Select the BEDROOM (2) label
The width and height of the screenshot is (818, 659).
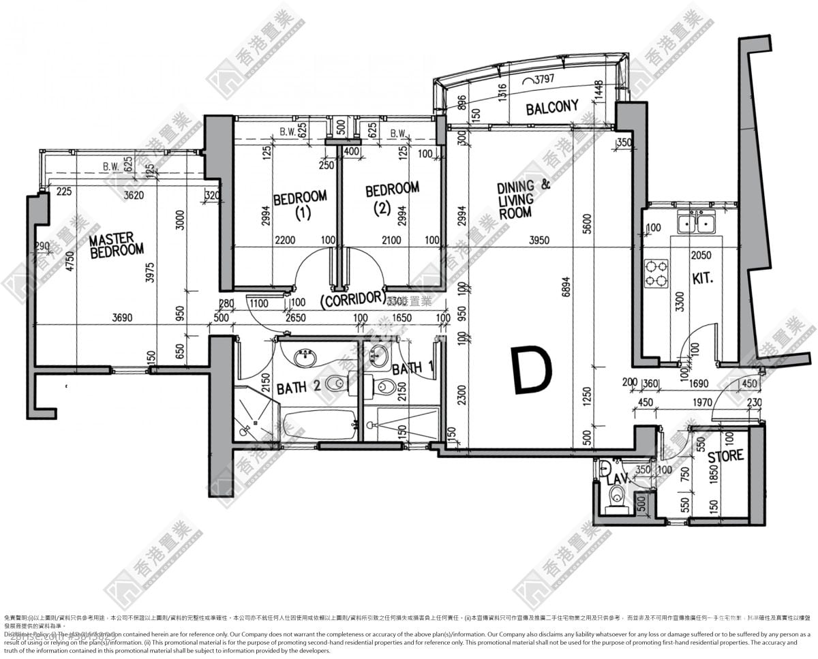point(392,198)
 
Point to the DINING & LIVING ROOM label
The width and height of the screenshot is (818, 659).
point(523,199)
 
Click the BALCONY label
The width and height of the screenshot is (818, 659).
point(552,108)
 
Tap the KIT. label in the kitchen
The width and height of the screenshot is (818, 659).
point(702,278)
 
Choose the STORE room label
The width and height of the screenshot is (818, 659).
point(725,456)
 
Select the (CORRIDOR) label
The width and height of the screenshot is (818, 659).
point(351,298)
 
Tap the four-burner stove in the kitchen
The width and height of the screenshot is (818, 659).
point(656,273)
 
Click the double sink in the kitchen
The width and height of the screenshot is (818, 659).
point(695,223)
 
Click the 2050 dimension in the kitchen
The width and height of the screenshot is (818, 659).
point(701,255)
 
